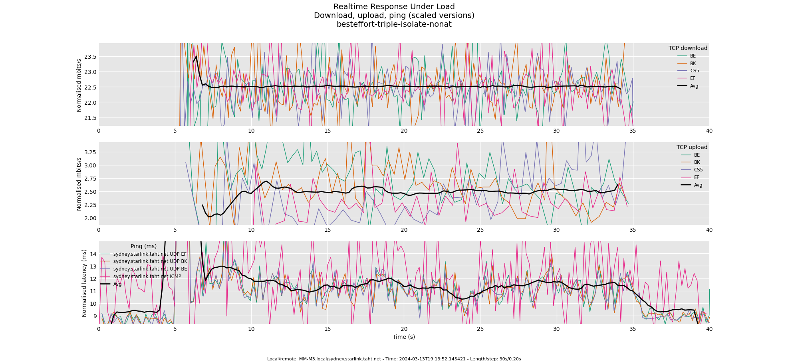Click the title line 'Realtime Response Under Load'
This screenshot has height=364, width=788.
394,7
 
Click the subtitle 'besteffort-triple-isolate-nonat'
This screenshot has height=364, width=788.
394,24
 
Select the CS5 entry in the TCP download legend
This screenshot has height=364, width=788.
695,71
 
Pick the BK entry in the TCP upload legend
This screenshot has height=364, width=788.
697,162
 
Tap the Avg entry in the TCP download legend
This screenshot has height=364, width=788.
694,86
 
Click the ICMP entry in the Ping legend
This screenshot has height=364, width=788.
147,276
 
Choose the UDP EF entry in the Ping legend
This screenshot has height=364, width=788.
150,254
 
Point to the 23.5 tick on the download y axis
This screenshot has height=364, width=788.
90,57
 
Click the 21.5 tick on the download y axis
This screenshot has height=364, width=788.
90,118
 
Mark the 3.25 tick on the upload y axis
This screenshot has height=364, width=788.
90,152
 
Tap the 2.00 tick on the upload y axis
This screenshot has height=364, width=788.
90,218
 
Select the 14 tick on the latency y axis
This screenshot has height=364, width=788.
93,254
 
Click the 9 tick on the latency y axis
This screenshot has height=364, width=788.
95,316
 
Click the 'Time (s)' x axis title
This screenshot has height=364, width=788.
403,337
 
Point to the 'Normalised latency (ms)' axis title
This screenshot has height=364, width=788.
84,283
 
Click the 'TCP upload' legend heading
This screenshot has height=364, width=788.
692,147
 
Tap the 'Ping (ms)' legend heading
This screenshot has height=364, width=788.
143,247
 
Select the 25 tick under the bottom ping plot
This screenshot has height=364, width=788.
480,329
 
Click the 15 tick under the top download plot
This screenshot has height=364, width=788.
328,131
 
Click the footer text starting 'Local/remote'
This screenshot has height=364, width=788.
394,359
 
